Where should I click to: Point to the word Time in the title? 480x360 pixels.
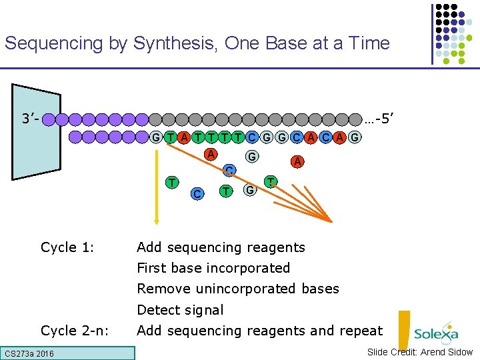tap(365, 44)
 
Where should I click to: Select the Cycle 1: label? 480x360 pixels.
tap(67, 247)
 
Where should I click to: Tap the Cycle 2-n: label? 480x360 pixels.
tap(75, 330)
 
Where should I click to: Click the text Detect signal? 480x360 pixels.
tap(180, 310)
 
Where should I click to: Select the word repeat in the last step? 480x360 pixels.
tap(361, 331)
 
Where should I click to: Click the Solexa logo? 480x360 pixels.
tap(435, 333)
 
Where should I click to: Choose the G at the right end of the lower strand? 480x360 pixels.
tap(355, 138)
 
